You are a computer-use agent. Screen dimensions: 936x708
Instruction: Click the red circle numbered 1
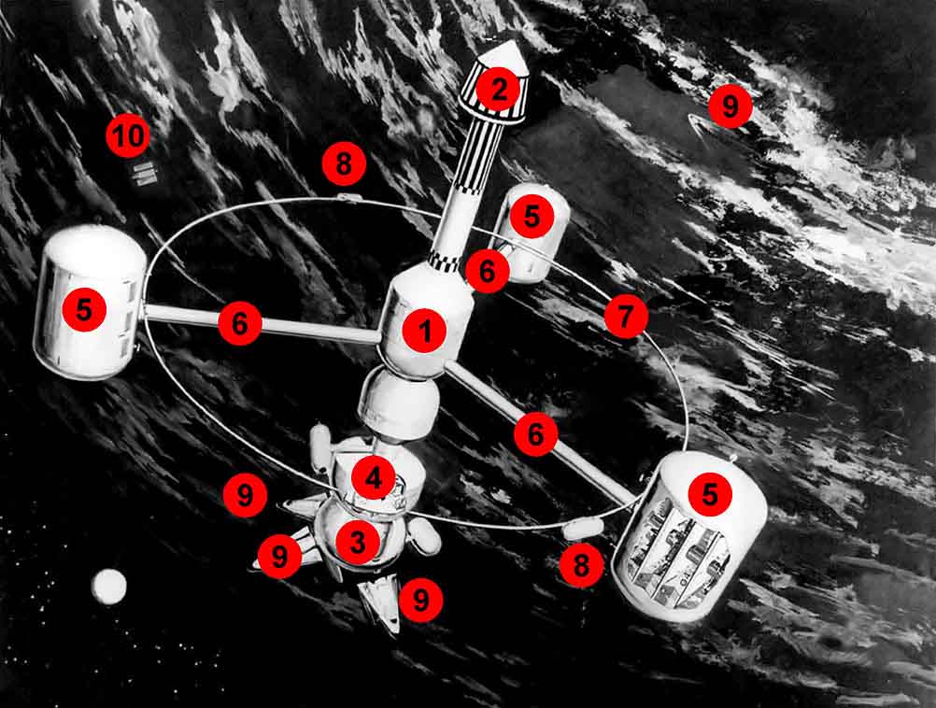click(424, 330)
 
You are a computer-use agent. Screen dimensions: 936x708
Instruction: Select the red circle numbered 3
click(358, 542)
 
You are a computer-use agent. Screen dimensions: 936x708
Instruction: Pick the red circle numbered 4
click(374, 477)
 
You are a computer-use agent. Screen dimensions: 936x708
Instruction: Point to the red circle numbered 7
click(626, 317)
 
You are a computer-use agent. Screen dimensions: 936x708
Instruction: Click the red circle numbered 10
click(128, 136)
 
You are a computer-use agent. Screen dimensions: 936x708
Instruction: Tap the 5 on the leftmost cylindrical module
click(84, 310)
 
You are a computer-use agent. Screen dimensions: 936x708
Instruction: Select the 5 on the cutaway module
click(710, 494)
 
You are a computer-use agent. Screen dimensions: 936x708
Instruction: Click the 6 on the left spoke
click(239, 323)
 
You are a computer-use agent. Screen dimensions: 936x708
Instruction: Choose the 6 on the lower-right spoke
click(535, 434)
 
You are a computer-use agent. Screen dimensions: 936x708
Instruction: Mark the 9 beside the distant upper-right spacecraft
click(730, 106)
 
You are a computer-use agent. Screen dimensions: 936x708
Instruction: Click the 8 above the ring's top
click(344, 163)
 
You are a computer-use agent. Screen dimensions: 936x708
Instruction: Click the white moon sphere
click(109, 586)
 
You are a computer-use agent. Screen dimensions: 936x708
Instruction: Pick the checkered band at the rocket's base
click(445, 261)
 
